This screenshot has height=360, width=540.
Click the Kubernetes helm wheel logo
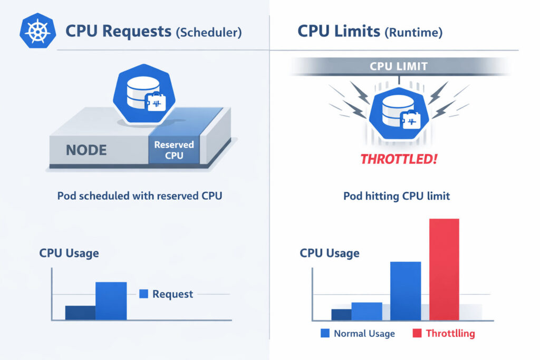coord(37,31)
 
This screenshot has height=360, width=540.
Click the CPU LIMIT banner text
coord(399,67)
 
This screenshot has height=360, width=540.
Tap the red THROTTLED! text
coord(399,158)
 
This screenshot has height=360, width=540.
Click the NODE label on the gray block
coord(86,150)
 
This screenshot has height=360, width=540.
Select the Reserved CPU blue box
coord(174,150)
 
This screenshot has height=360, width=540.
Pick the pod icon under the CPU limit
coord(399,113)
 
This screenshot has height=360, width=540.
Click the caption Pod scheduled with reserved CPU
coord(139,196)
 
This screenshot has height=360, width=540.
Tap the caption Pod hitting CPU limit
coord(397,196)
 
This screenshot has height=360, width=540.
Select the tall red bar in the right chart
coord(444,269)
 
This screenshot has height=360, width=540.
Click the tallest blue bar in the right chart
coord(406,290)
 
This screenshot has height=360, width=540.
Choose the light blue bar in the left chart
coord(111,300)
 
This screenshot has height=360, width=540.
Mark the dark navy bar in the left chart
coord(80,312)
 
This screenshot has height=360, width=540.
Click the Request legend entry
coord(167,294)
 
